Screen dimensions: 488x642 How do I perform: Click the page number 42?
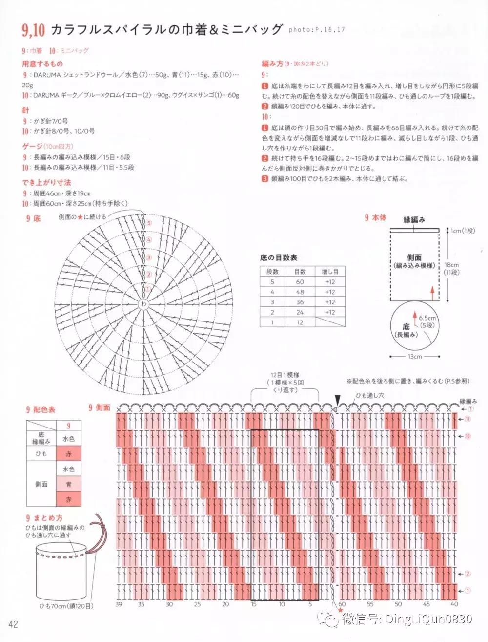13,624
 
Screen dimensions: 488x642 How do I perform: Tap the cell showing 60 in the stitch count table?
300,282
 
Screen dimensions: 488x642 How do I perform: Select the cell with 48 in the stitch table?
300,292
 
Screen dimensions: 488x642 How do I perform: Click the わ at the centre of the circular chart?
144,303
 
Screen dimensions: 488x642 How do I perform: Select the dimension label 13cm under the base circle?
414,356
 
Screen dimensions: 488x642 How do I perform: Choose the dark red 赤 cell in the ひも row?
69,454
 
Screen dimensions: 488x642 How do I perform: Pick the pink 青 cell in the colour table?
69,485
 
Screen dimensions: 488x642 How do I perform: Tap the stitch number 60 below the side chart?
343,604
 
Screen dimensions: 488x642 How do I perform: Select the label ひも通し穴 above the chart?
370,395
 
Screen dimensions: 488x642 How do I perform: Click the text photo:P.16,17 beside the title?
317,30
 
